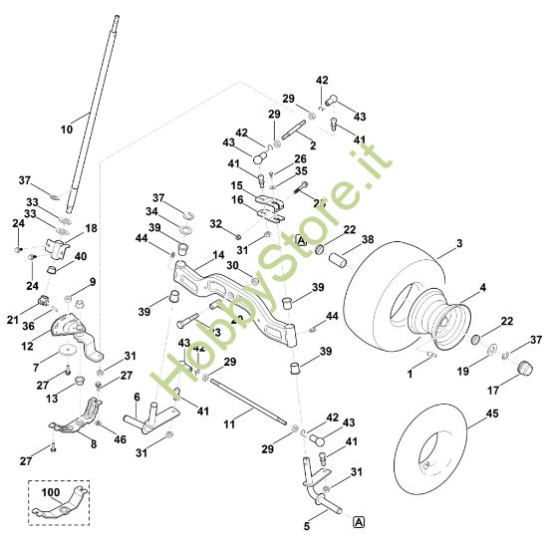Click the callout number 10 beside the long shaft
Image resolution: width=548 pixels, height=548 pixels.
tap(67, 130)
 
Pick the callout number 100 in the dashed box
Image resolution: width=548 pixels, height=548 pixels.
tap(50, 492)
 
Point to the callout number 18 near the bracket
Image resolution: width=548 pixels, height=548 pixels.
tap(91, 228)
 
